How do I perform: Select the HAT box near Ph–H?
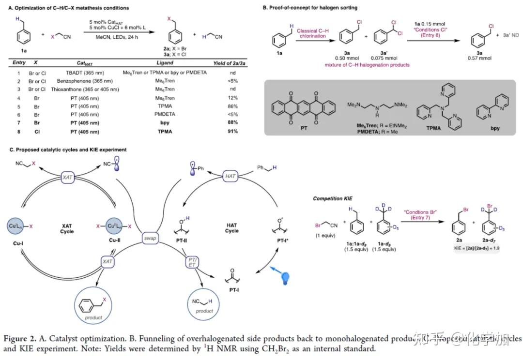(x=231, y=176)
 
